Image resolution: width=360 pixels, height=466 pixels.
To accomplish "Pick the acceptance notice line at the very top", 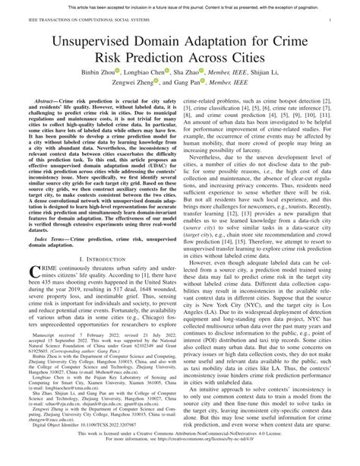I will point(179,5).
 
